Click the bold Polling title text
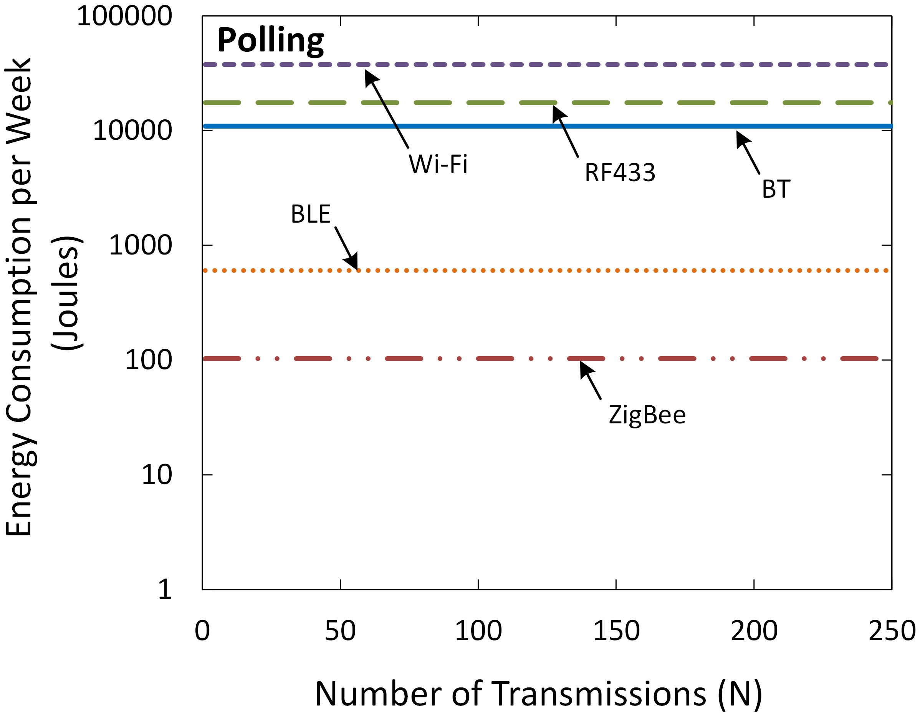click(x=270, y=41)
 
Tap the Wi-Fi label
click(x=438, y=164)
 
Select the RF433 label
click(x=620, y=173)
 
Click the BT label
click(x=776, y=190)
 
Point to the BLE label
click(x=311, y=214)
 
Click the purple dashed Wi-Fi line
click(x=632, y=64)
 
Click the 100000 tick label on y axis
click(x=124, y=17)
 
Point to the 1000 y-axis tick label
click(x=140, y=245)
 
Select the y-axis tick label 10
click(x=157, y=475)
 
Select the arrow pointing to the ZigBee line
click(x=590, y=380)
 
